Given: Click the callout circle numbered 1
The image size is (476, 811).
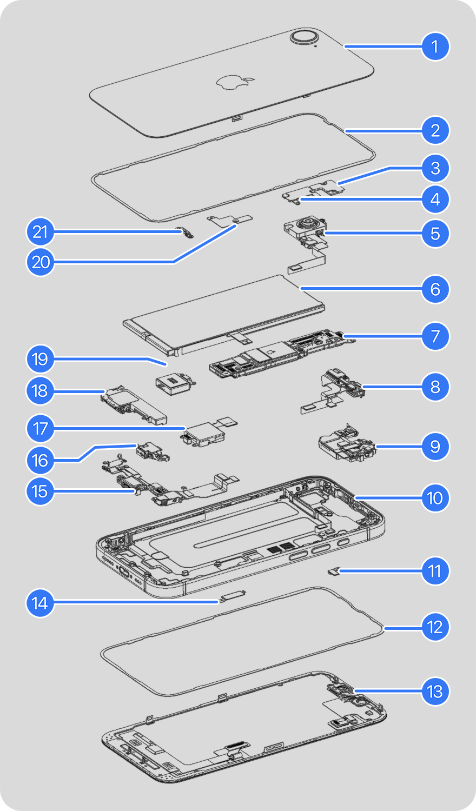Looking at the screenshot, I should [x=435, y=46].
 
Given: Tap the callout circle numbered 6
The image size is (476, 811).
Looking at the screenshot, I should [x=435, y=289].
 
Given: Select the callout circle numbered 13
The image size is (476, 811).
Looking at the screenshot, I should [x=435, y=692].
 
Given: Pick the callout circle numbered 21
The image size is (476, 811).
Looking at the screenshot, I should [x=41, y=232].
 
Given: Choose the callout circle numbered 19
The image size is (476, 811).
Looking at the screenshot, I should [x=41, y=360].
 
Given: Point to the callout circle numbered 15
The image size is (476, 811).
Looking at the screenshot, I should [x=41, y=491].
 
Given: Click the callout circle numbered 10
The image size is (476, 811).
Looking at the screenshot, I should [x=435, y=498].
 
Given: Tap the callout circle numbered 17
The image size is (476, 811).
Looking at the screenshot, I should [x=41, y=429].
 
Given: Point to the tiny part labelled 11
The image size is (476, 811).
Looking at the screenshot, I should [x=334, y=571].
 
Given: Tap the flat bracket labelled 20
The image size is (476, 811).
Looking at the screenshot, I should [x=230, y=219].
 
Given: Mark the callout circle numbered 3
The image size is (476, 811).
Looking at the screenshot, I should [x=435, y=168].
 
